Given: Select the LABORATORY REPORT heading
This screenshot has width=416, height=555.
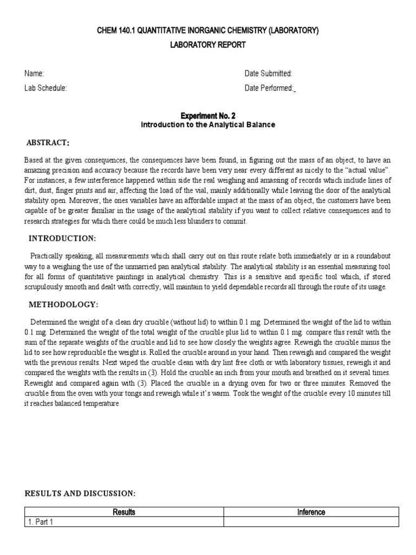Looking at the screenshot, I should pyautogui.click(x=207, y=45).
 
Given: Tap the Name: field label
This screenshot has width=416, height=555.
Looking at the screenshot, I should pyautogui.click(x=34, y=74).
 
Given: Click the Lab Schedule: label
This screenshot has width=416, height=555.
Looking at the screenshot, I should pyautogui.click(x=45, y=88).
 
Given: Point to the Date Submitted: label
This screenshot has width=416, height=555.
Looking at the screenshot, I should pyautogui.click(x=268, y=74).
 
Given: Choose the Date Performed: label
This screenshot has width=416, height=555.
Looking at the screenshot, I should pyautogui.click(x=269, y=88).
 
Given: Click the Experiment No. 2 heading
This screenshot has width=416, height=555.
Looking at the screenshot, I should pyautogui.click(x=207, y=116).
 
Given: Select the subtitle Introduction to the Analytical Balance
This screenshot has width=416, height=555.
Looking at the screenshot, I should pyautogui.click(x=207, y=125).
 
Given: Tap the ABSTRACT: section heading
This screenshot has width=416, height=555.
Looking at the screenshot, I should pyautogui.click(x=48, y=143).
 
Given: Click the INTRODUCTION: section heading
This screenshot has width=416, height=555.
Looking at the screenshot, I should pyautogui.click(x=62, y=238).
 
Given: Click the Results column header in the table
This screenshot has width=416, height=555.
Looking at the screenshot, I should pyautogui.click(x=124, y=512).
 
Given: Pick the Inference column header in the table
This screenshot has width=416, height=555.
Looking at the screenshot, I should pyautogui.click(x=311, y=512).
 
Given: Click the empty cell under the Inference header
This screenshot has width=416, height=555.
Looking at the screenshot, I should pyautogui.click(x=311, y=522).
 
